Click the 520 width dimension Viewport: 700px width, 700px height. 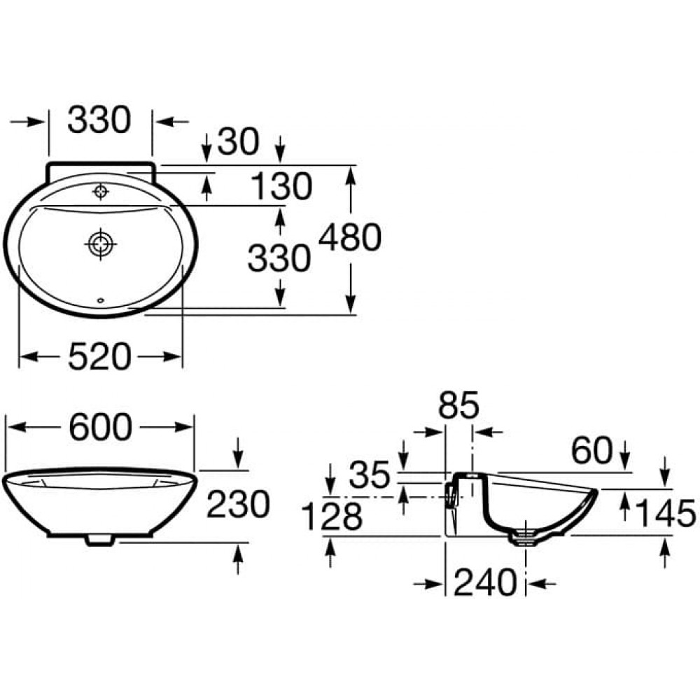click(x=99, y=356)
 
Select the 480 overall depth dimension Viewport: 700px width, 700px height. click(x=350, y=237)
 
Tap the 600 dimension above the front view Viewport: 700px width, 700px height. click(x=100, y=427)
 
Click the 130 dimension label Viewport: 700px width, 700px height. click(x=281, y=185)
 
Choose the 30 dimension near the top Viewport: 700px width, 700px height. click(x=238, y=141)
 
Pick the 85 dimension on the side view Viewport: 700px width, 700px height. click(x=458, y=405)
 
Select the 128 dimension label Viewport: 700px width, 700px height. click(x=332, y=517)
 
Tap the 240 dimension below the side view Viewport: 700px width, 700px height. click(x=485, y=582)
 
